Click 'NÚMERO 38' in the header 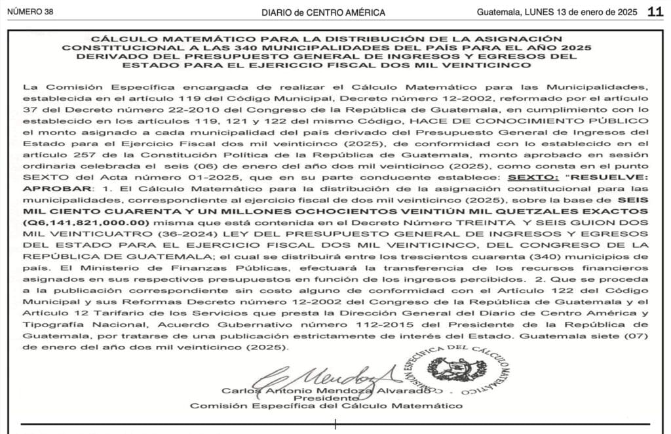29,12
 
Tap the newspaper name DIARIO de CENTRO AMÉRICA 323,12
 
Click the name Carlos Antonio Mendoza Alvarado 326,389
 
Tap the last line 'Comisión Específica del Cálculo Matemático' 326,406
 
